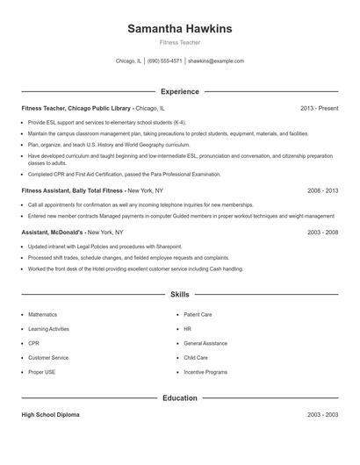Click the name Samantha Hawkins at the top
pyautogui.click(x=180, y=28)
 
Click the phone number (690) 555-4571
pyautogui.click(x=165, y=61)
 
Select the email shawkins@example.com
pyautogui.click(x=216, y=61)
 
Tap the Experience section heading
pyautogui.click(x=180, y=91)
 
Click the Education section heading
pyautogui.click(x=180, y=397)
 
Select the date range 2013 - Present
pyautogui.click(x=319, y=108)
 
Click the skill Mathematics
pyautogui.click(x=42, y=314)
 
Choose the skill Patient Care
pyautogui.click(x=198, y=314)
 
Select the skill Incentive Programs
pyautogui.click(x=205, y=373)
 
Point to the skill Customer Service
pyautogui.click(x=48, y=358)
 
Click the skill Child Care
pyautogui.click(x=196, y=358)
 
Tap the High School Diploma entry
pyautogui.click(x=53, y=414)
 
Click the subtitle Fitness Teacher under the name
pyautogui.click(x=180, y=42)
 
